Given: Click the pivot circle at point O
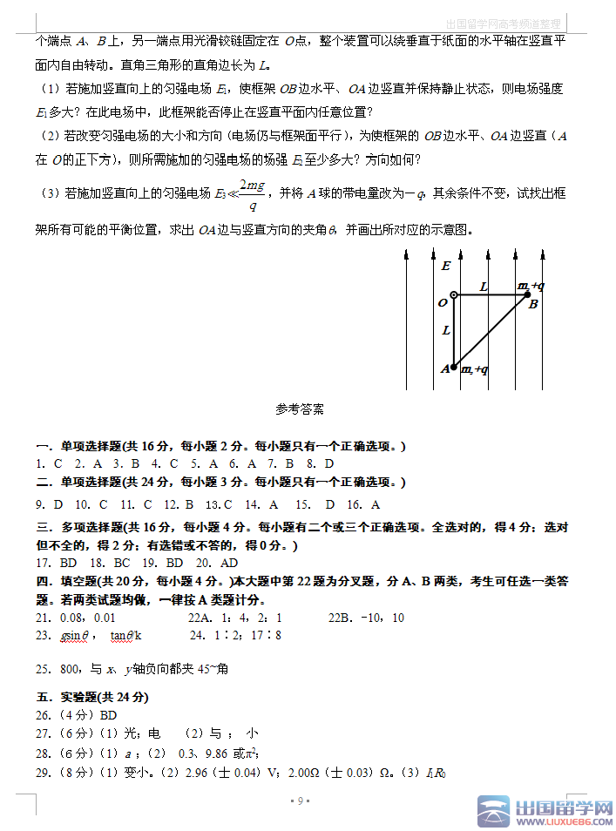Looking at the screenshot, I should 454,294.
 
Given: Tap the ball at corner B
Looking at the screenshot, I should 527,294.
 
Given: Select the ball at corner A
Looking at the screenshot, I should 454,368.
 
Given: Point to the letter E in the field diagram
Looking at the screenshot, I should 446,266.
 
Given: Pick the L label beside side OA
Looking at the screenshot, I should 446,330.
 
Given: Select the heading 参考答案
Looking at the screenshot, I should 300,409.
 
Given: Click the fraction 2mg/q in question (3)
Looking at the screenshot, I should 252,195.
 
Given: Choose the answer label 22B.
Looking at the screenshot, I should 342,618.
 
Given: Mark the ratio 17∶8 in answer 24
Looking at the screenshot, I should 266,636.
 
